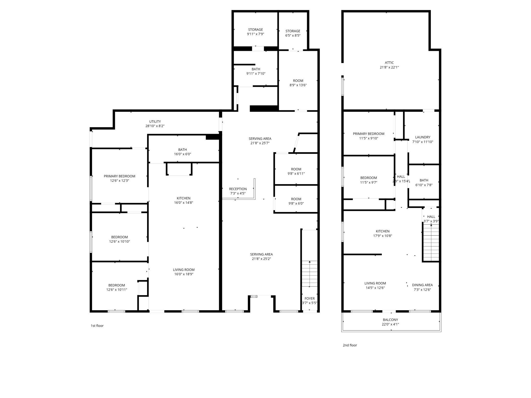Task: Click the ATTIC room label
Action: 389,63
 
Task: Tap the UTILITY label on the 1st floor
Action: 155,121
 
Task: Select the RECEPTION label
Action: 238,189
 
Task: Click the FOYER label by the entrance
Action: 309,298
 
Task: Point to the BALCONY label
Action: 390,320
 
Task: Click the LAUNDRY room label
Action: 423,137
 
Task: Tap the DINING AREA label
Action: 422,285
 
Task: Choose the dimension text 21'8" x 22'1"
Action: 389,67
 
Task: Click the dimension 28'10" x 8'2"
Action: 155,126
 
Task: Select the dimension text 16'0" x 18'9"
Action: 184,274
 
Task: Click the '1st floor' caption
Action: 97,326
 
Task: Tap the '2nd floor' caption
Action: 350,345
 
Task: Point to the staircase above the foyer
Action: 310,274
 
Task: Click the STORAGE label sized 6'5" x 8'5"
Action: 293,31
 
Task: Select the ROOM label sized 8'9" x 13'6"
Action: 298,81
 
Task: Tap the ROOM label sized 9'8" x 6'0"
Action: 296,199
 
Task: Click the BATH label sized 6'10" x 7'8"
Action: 424,180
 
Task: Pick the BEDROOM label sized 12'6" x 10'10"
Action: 119,237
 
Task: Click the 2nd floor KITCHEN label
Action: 382,231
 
